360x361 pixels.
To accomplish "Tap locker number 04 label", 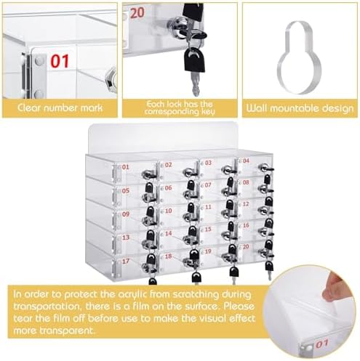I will pyautogui.click(x=245, y=162).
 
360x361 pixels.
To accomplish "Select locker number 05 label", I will pyautogui.click(x=126, y=190).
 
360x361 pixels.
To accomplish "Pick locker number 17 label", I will pyautogui.click(x=126, y=259).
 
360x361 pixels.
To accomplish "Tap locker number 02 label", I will pyautogui.click(x=168, y=165).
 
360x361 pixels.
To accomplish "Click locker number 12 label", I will pyautogui.click(x=245, y=204).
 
